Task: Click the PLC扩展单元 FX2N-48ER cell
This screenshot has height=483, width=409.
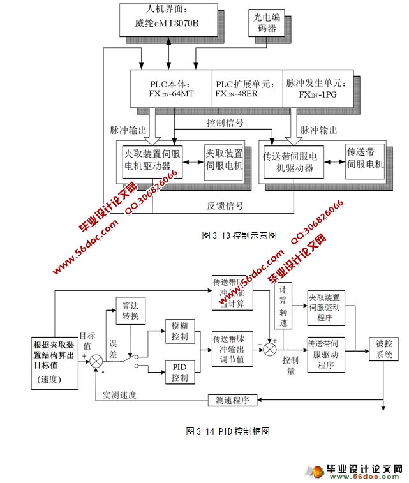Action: (246, 88)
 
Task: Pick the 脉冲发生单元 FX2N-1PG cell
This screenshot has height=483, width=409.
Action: (315, 88)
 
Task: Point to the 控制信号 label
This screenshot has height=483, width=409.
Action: (225, 122)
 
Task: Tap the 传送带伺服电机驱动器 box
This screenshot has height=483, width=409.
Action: (291, 161)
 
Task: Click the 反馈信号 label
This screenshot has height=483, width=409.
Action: (225, 205)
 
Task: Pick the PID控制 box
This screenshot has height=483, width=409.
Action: (179, 372)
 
